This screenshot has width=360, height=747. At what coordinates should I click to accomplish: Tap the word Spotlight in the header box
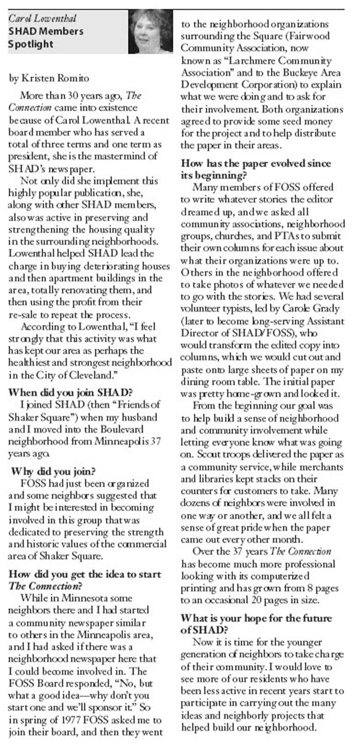click(31, 44)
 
